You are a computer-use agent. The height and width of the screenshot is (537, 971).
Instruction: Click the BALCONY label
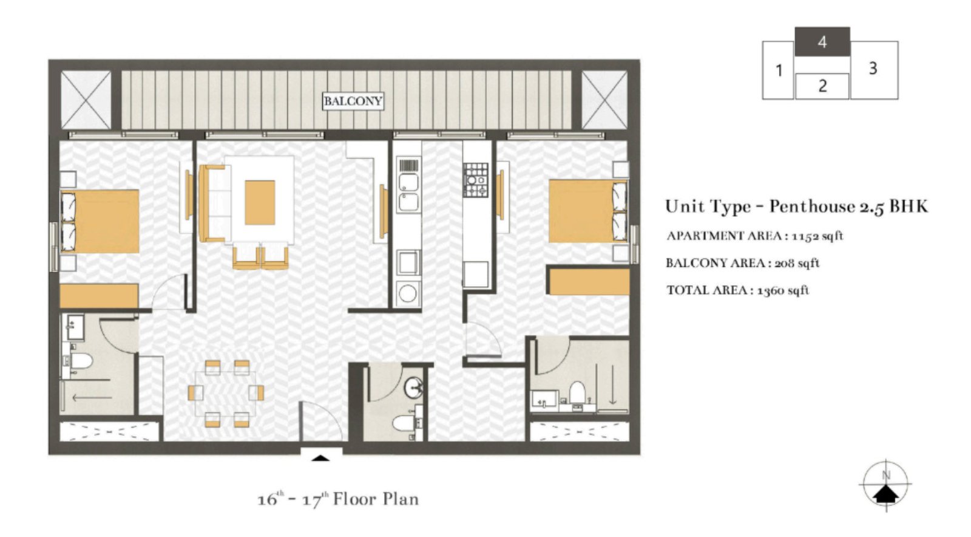click(353, 101)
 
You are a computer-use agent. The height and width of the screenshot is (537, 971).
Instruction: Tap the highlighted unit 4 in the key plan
click(822, 42)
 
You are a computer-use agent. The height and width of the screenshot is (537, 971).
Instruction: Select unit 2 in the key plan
click(822, 86)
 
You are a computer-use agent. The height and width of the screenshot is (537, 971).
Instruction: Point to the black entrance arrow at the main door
click(320, 457)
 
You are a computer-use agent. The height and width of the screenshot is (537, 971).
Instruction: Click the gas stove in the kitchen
click(476, 180)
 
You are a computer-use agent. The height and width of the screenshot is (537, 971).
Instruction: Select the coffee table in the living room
click(260, 202)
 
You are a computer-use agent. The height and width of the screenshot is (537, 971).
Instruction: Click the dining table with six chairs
click(226, 393)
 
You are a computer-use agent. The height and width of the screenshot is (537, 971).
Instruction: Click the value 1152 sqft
click(817, 236)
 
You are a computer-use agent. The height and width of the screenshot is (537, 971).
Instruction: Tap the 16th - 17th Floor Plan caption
click(338, 499)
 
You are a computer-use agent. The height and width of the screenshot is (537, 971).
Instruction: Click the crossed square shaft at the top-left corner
click(86, 100)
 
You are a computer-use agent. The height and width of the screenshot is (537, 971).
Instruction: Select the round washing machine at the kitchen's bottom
click(407, 293)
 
